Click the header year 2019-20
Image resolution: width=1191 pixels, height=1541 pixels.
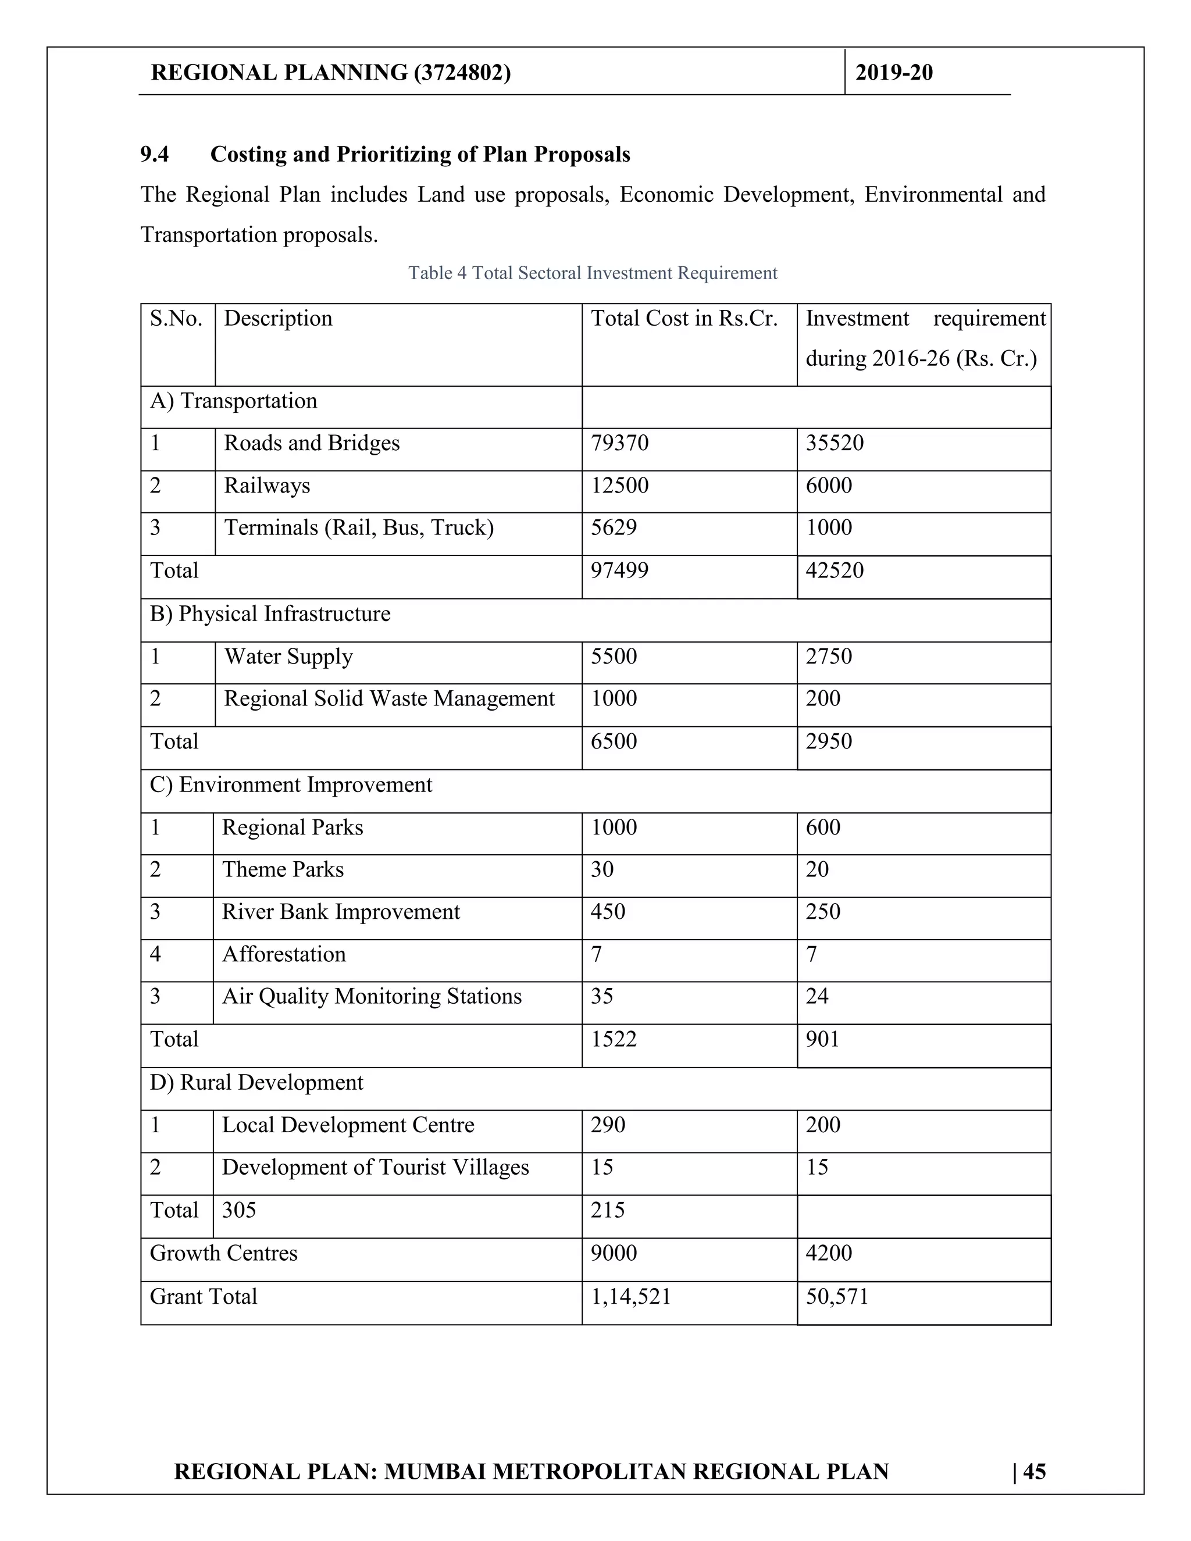coord(893,73)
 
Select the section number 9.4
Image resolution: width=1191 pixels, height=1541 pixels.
coord(155,155)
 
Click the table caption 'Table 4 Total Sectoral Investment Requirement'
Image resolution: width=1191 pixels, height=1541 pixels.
coord(593,273)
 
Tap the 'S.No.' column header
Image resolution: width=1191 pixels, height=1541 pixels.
coord(176,319)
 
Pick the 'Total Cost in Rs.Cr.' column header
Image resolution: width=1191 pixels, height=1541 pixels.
coord(684,319)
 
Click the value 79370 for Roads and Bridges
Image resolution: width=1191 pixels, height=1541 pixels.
coord(619,443)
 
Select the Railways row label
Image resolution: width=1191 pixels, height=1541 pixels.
coord(267,486)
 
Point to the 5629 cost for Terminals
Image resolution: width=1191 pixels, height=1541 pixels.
coord(613,528)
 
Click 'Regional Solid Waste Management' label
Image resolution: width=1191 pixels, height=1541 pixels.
coord(389,698)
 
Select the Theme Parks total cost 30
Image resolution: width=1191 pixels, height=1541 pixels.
coord(602,869)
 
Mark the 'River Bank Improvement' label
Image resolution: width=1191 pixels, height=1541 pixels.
coord(340,912)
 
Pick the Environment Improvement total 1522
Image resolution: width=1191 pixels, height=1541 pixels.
coord(613,1039)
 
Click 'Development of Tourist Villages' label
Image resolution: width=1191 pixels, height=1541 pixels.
coord(375,1167)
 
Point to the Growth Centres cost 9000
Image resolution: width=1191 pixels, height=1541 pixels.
coord(613,1253)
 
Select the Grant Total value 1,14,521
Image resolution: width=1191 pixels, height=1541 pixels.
coord(630,1296)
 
